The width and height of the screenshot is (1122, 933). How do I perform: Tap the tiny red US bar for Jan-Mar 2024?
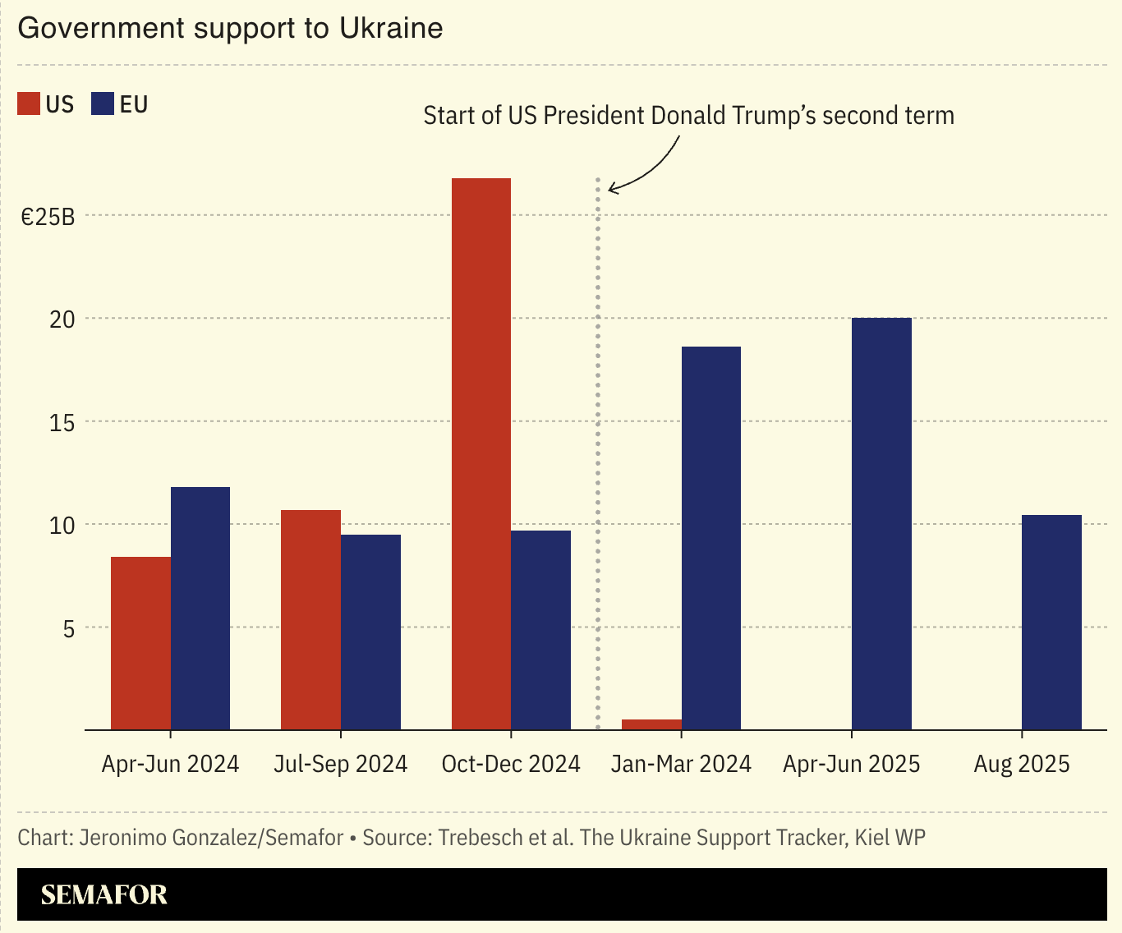pyautogui.click(x=651, y=724)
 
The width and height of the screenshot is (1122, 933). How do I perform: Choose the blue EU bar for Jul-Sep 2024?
pyautogui.click(x=370, y=632)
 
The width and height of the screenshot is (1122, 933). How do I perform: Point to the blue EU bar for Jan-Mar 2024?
pyautogui.click(x=710, y=538)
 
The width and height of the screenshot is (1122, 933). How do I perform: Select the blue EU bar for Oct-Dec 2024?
pyautogui.click(x=540, y=630)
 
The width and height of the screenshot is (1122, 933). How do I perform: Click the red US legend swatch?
pyautogui.click(x=29, y=104)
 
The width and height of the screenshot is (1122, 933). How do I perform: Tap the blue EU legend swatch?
pyautogui.click(x=103, y=104)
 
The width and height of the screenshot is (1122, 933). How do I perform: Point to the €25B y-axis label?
pyautogui.click(x=48, y=217)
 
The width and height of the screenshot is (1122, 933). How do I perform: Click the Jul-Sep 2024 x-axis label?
pyautogui.click(x=340, y=765)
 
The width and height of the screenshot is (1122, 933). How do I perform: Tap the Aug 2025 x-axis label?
pyautogui.click(x=1022, y=765)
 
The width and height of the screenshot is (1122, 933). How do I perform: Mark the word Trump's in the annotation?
pyautogui.click(x=770, y=116)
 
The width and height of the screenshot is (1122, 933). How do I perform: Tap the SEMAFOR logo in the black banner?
pyautogui.click(x=104, y=894)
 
